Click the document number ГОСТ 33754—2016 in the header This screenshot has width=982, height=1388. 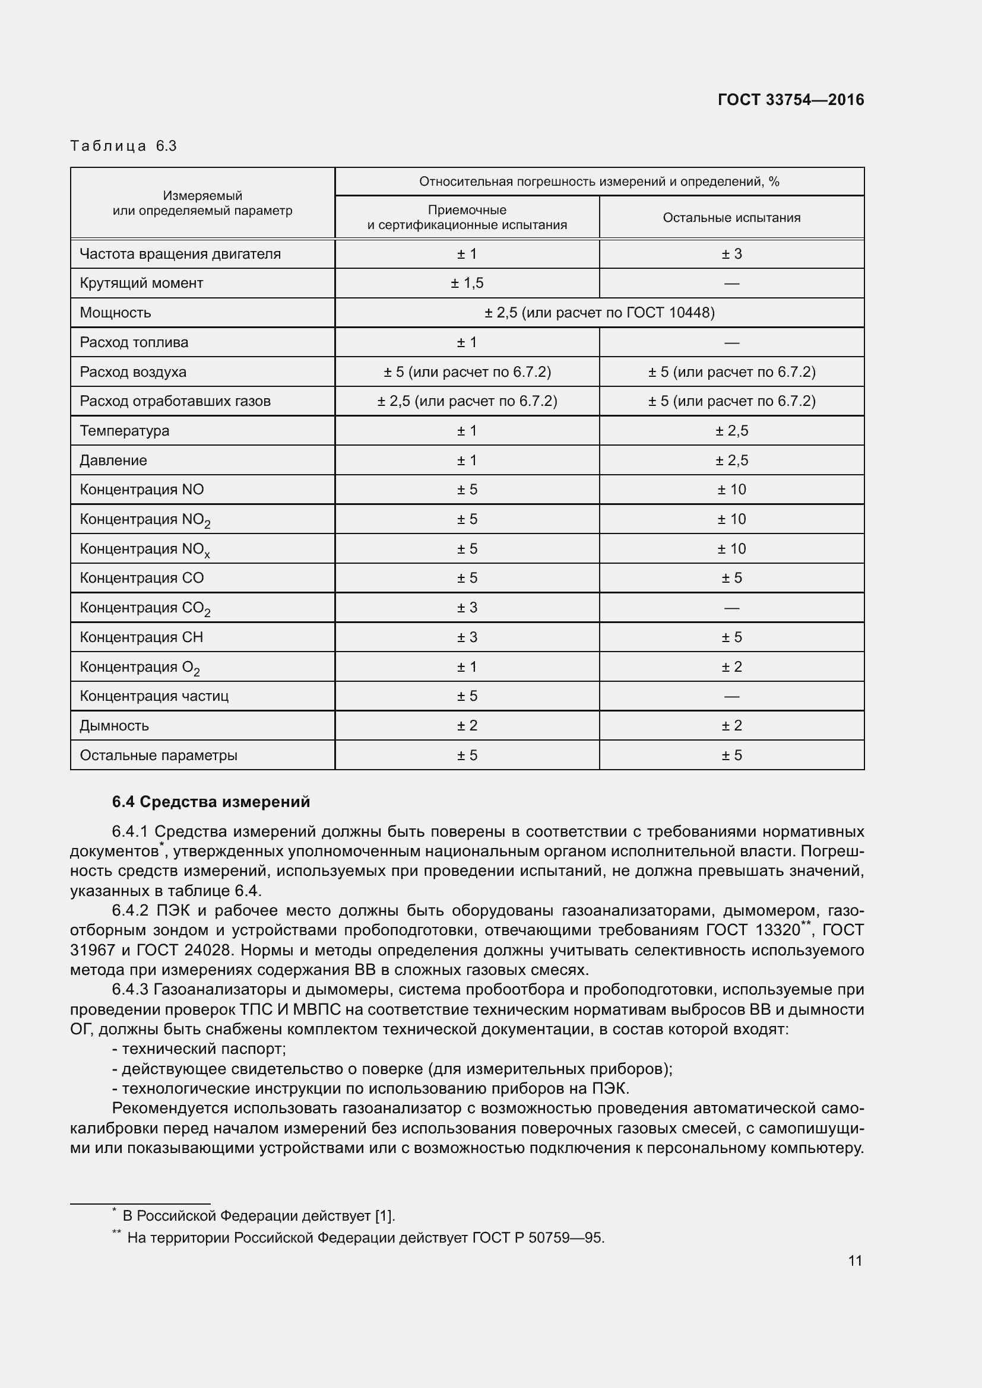(x=790, y=100)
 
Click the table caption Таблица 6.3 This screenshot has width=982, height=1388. (x=123, y=146)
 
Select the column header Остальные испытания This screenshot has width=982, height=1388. (x=731, y=218)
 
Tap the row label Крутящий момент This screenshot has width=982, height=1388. (x=141, y=283)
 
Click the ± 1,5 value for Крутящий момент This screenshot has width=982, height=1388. (x=467, y=283)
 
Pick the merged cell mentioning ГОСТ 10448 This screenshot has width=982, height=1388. (x=598, y=313)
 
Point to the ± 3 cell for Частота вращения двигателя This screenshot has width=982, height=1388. (x=731, y=254)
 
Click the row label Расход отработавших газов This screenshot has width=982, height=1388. (x=175, y=401)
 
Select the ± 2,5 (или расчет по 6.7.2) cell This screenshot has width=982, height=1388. (x=467, y=401)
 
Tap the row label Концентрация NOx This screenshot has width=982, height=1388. (x=145, y=549)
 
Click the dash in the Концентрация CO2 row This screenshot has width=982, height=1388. (x=731, y=608)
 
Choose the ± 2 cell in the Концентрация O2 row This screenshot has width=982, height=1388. (x=731, y=667)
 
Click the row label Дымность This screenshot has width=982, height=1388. (x=114, y=725)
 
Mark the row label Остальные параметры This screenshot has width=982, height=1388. (x=159, y=755)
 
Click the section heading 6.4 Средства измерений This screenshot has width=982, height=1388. (x=211, y=802)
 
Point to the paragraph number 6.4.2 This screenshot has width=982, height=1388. (x=130, y=911)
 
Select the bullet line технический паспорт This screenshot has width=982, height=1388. (x=199, y=1049)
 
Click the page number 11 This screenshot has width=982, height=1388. (x=854, y=1260)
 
